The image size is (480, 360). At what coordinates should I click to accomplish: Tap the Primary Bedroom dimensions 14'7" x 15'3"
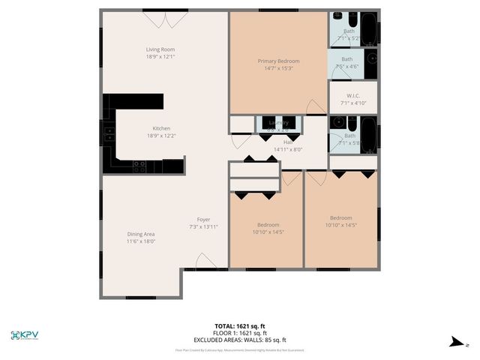[278, 68]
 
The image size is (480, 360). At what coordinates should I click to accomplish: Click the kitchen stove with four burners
[139, 166]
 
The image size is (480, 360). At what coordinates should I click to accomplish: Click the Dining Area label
[140, 234]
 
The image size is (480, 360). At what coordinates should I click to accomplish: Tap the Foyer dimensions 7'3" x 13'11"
[203, 226]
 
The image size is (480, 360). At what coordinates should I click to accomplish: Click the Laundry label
[279, 122]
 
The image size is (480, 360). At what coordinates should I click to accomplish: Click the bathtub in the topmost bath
[368, 28]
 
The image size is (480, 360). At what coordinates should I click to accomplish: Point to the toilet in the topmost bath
[335, 19]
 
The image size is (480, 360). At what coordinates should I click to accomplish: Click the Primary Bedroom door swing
[317, 106]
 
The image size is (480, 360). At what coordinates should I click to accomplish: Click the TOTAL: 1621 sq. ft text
[241, 326]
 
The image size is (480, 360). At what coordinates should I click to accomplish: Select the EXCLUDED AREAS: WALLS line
[241, 340]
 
